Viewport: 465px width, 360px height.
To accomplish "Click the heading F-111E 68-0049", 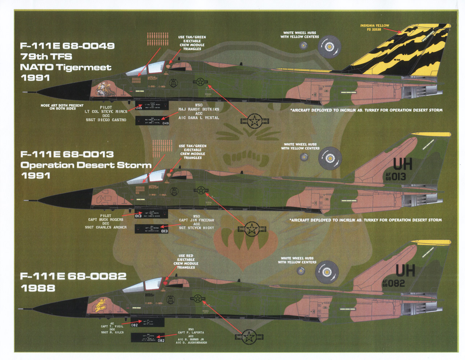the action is [x=67, y=46].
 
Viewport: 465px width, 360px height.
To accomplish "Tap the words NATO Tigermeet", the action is [x=65, y=67].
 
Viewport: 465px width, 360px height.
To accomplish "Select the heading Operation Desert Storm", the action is [x=86, y=165].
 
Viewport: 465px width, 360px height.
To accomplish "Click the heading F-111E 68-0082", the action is [x=73, y=276].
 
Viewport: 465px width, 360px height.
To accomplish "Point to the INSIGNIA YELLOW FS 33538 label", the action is [x=375, y=27].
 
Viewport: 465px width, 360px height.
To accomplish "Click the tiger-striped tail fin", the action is [x=403, y=53].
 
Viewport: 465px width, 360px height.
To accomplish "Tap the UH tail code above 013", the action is [x=403, y=165].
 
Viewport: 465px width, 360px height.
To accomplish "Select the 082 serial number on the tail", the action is [x=396, y=283].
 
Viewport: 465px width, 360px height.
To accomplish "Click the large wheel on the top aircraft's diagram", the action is [x=329, y=47].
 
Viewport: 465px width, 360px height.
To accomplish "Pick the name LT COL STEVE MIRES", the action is [x=106, y=112].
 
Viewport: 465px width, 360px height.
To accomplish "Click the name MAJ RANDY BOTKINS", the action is [x=199, y=109].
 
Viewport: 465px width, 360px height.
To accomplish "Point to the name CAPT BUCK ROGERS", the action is [x=106, y=220].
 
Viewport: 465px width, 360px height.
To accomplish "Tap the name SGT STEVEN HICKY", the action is [x=197, y=228].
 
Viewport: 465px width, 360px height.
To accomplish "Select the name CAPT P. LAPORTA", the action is [x=191, y=333].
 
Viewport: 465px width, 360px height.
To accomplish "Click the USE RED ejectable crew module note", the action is [x=186, y=261].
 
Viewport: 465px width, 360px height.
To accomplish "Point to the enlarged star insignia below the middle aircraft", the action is [x=251, y=229].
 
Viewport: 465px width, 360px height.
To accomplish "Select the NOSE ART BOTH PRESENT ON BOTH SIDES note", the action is [x=62, y=107].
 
